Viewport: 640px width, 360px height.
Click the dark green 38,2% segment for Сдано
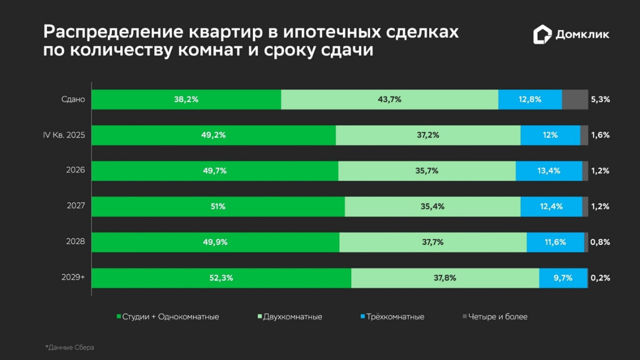(x=186, y=99)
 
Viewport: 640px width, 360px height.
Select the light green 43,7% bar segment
(x=389, y=99)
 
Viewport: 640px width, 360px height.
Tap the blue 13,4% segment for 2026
(x=548, y=171)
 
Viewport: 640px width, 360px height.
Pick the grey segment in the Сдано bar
(x=575, y=99)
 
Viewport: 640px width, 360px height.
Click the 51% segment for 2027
(x=218, y=206)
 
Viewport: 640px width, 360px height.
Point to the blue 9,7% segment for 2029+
(x=562, y=278)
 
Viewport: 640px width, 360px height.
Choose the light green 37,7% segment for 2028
(x=432, y=242)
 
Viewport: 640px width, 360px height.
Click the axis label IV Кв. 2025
(x=64, y=135)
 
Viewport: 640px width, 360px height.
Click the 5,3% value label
(x=600, y=99)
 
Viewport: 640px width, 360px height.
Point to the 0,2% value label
(x=600, y=278)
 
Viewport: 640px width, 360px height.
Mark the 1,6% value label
(x=600, y=135)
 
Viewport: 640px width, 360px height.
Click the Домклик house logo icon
(x=542, y=34)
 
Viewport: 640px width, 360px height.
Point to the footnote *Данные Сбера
(x=69, y=347)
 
